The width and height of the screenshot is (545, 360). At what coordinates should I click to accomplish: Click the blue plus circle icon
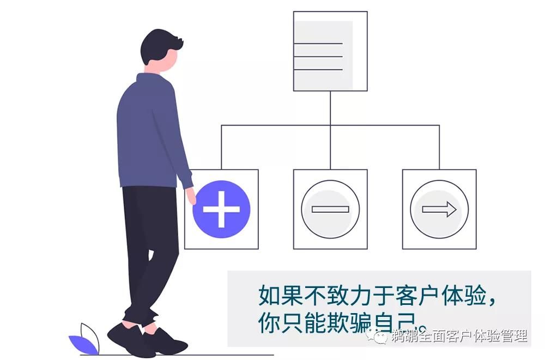pos(221,209)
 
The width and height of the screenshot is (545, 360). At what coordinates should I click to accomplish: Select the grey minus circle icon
pos(330,209)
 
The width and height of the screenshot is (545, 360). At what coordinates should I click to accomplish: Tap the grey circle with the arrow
pos(439,209)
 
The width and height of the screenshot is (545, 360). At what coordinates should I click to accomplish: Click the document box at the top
pos(330,50)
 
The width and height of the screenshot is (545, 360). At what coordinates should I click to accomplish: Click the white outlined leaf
pos(90,334)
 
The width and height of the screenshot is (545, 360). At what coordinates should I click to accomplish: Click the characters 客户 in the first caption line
pos(401,295)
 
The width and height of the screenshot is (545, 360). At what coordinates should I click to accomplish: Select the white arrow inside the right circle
pos(439,209)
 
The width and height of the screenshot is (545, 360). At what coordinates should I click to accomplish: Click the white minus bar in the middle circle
pos(330,209)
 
